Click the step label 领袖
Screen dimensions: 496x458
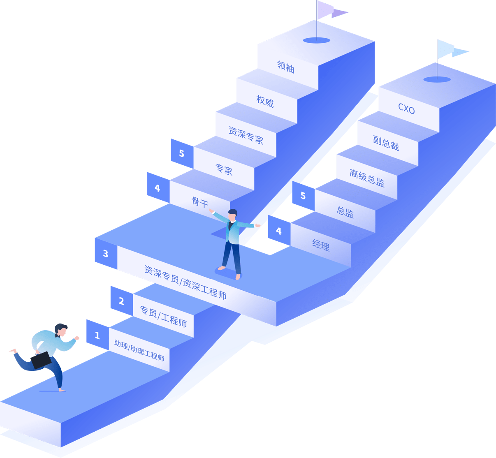point(286,67)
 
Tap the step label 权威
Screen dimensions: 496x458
point(265,101)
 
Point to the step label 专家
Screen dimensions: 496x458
point(224,169)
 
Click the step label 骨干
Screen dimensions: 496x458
point(200,201)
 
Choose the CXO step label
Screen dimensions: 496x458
point(406,109)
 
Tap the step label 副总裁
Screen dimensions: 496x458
point(386,143)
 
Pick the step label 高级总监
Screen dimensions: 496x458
point(367,178)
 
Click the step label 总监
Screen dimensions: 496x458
point(345,212)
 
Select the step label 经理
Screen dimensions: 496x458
point(321,245)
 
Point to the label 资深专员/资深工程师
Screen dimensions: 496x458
point(185,282)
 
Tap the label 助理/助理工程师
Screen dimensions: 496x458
point(139,350)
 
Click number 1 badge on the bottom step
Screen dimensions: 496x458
point(97,335)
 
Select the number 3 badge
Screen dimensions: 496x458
point(106,254)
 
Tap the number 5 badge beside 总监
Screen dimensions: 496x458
point(303,196)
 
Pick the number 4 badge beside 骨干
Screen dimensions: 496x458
point(158,188)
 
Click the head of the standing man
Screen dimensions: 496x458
point(233,214)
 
